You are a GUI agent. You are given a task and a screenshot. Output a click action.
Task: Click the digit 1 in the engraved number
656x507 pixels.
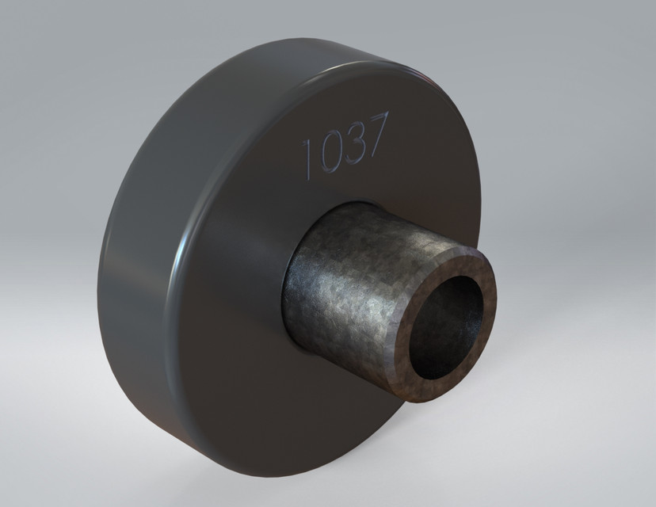(x=307, y=157)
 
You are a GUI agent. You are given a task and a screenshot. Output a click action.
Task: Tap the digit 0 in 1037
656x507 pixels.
(x=329, y=151)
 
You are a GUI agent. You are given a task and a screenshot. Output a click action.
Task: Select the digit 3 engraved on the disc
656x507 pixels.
(x=353, y=143)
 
